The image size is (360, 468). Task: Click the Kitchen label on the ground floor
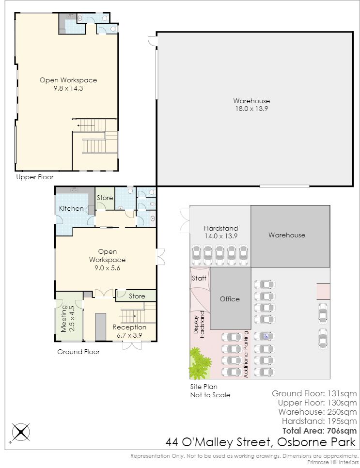(71, 208)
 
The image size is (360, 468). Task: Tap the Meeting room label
(64, 318)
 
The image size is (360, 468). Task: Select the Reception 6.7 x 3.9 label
(129, 331)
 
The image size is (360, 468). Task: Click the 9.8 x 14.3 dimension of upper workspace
(68, 88)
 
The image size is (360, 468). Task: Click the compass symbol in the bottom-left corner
(21, 432)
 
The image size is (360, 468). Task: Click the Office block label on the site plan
(230, 299)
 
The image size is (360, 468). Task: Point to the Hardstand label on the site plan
(221, 228)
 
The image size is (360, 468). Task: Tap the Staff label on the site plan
(199, 278)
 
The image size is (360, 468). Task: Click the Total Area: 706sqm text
(319, 431)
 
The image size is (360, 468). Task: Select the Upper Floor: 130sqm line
(317, 403)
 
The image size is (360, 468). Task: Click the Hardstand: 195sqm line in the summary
(319, 421)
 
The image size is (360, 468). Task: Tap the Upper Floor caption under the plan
(34, 177)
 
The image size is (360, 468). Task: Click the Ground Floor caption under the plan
(78, 352)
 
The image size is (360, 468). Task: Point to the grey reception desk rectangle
(101, 327)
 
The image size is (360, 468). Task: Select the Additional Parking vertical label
(246, 354)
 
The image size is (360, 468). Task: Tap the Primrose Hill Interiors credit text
(333, 462)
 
